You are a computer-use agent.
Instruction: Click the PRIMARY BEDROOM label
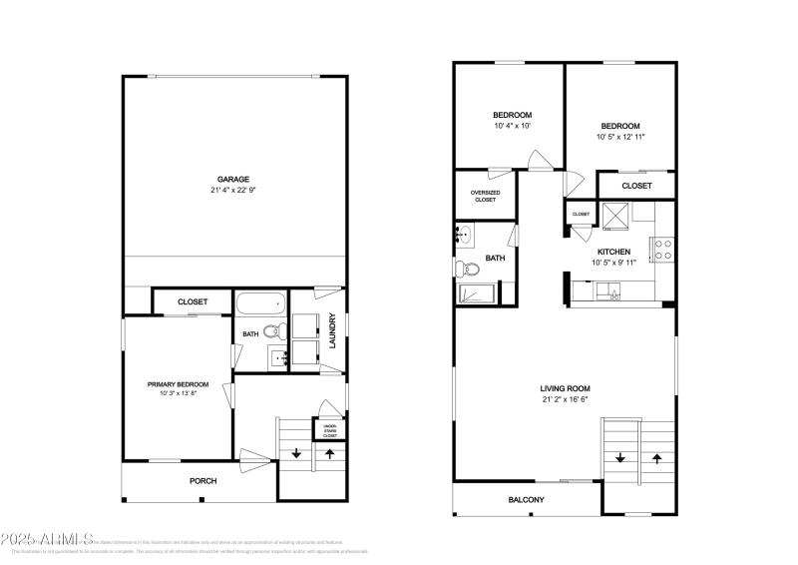tap(178, 384)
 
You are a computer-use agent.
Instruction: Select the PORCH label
tap(202, 480)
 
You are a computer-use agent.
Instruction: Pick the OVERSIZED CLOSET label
tap(486, 196)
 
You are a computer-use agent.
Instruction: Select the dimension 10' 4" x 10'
tap(512, 126)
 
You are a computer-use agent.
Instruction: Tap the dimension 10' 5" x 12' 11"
tap(620, 137)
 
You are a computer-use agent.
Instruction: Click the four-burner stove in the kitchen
tap(663, 249)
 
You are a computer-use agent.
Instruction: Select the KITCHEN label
tap(613, 252)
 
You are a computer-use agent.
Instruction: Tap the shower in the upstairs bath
tap(479, 294)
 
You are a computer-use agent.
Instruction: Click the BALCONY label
tap(526, 499)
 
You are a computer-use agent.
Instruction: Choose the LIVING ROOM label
tap(565, 388)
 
